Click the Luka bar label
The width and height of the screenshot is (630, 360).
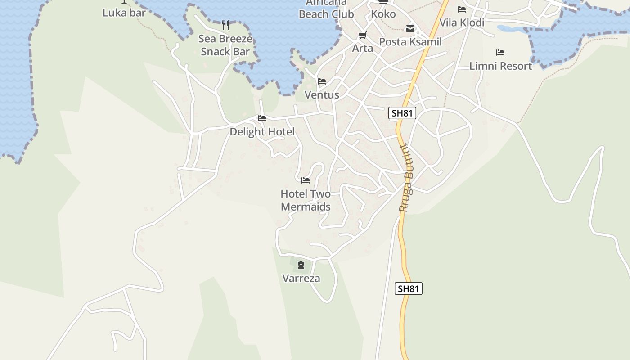point(124,13)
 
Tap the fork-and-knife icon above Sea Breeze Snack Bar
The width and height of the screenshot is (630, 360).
point(225,25)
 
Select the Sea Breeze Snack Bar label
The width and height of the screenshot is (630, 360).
point(225,45)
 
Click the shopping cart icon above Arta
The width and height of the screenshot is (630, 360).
point(362,35)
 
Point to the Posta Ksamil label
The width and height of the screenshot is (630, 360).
point(410,42)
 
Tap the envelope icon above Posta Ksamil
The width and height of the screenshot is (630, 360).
point(410,29)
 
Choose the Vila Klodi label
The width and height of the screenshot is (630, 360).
point(462,22)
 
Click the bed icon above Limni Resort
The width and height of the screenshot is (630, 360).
point(500,53)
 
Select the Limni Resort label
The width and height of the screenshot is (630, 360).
point(500,66)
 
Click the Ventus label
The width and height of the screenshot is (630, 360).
point(322,95)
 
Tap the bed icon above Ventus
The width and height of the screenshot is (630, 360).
point(322,81)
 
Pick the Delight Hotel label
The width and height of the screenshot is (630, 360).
point(262,131)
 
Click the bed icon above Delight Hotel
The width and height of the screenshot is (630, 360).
point(262,118)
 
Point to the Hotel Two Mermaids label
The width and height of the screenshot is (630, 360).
point(306,200)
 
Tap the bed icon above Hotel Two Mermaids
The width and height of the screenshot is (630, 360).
point(306,180)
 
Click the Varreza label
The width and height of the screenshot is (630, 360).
point(301,278)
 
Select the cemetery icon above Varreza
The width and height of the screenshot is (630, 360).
point(301,265)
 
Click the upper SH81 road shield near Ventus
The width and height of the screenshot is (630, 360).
point(402,113)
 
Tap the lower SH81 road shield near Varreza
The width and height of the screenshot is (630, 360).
point(409,288)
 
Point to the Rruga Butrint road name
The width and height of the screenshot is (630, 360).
point(407,178)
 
